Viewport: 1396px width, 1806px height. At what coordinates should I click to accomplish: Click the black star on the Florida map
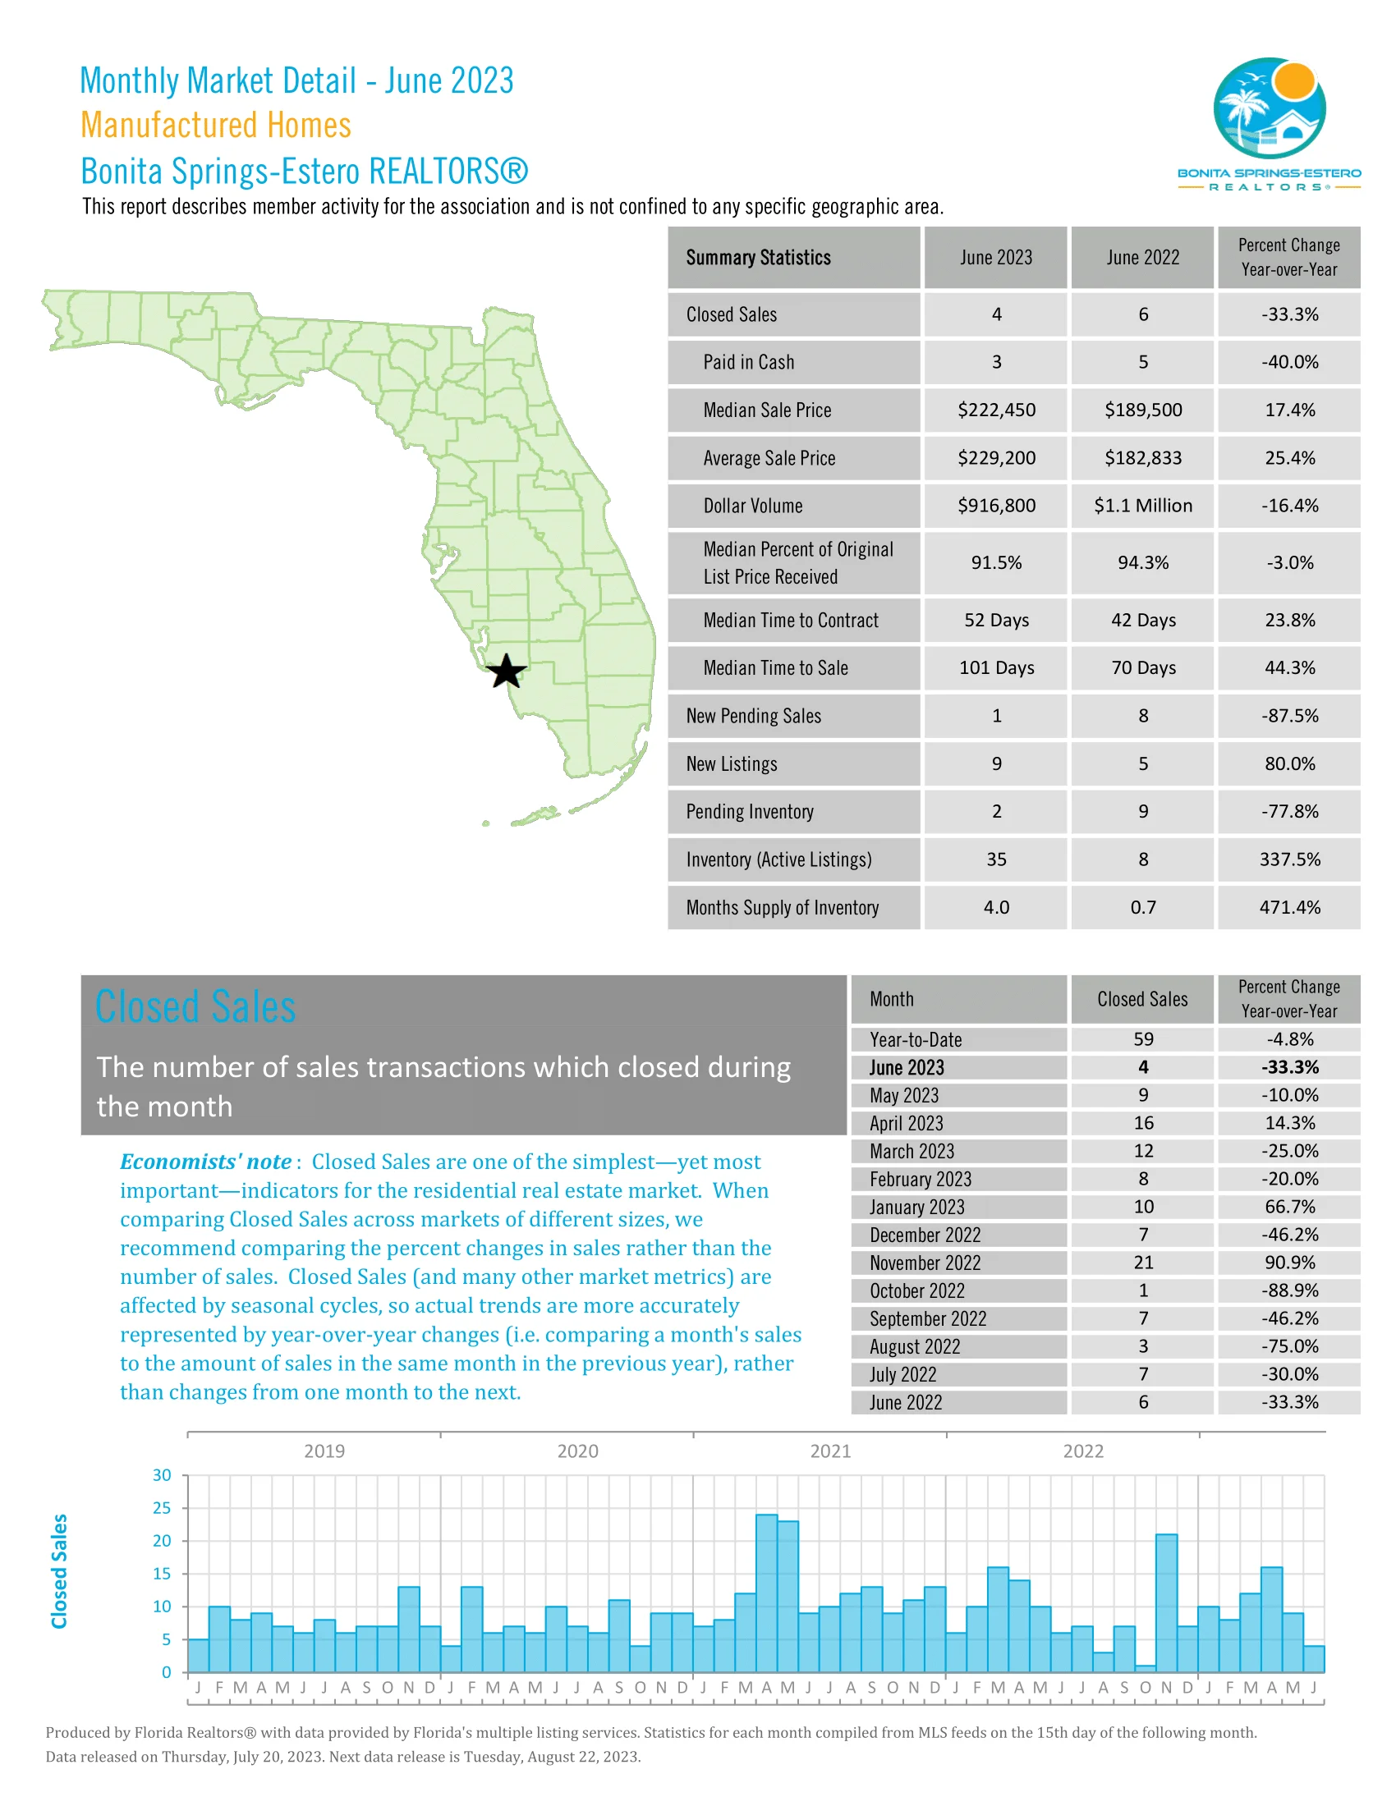click(x=506, y=672)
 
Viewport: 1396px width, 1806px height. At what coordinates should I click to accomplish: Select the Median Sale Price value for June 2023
click(x=996, y=410)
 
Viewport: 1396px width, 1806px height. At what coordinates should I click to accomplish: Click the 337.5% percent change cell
click(x=1288, y=859)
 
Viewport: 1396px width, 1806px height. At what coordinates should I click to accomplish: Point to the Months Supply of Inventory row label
click(x=782, y=907)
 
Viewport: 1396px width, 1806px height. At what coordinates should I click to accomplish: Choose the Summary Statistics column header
click(x=758, y=258)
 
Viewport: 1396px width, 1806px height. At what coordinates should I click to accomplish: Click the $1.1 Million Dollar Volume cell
click(x=1142, y=505)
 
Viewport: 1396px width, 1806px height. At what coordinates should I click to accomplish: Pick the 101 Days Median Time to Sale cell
click(x=996, y=667)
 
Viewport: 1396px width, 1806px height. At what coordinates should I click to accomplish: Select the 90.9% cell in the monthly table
click(x=1288, y=1263)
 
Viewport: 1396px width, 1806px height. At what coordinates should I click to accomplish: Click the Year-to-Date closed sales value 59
click(x=1143, y=1039)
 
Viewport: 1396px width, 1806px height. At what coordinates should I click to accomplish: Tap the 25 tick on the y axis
click(x=162, y=1508)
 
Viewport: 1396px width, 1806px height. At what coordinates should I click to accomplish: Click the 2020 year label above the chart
click(x=577, y=1451)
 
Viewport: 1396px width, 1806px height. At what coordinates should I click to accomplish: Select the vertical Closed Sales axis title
click(x=59, y=1571)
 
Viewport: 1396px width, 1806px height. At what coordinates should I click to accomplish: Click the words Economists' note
click(x=205, y=1162)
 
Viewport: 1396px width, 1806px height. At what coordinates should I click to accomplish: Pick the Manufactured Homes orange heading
click(x=216, y=126)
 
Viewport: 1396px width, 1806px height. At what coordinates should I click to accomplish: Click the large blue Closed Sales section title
click(x=195, y=1007)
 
